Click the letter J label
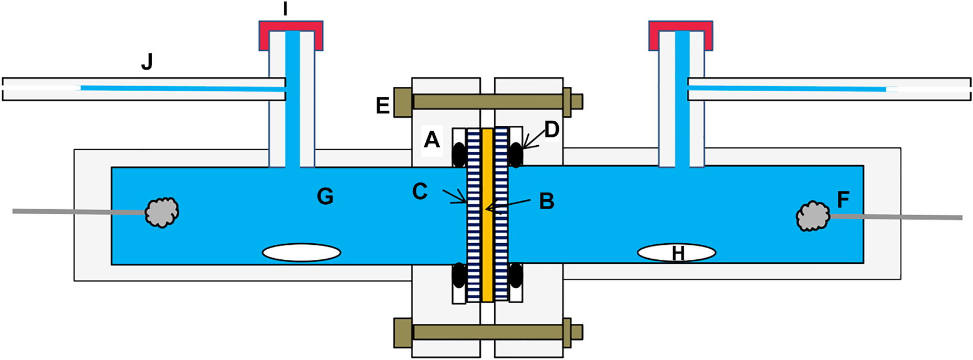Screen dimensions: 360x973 [x=147, y=62]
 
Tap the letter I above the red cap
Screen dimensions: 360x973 [x=285, y=9]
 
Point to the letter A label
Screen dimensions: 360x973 [x=432, y=140]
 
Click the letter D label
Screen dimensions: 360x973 [x=551, y=130]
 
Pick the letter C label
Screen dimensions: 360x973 [x=420, y=192]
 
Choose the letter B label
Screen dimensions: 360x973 [x=547, y=201]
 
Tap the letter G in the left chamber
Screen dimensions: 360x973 [x=325, y=196]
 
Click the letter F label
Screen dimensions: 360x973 [x=843, y=199]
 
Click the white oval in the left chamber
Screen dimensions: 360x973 [x=301, y=253]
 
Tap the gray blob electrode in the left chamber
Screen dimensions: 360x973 [x=162, y=212]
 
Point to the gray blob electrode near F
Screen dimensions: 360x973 [x=813, y=216]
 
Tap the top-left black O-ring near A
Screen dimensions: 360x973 [x=459, y=155]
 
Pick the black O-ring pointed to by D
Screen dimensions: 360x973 [x=515, y=155]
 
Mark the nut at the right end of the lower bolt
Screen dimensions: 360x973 [x=567, y=332]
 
